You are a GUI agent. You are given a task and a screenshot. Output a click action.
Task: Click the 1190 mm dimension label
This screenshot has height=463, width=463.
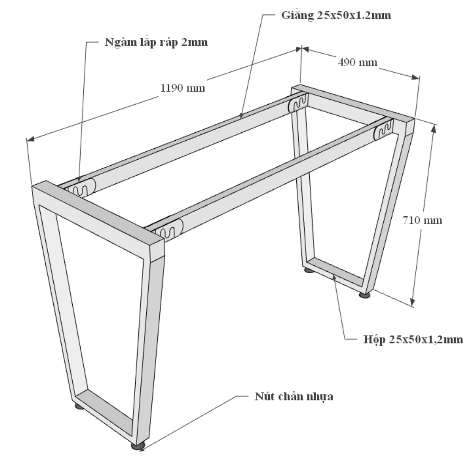182,88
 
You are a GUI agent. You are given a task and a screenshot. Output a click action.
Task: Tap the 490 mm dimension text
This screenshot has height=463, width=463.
357,63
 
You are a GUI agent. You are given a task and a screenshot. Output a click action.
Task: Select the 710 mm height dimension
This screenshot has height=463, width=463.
422,220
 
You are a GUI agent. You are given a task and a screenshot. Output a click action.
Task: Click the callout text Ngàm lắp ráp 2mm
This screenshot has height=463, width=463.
156,43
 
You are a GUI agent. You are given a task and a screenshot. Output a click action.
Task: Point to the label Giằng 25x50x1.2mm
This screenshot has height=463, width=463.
336,15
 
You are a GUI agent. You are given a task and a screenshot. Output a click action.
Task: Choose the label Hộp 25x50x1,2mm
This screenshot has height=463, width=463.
413,339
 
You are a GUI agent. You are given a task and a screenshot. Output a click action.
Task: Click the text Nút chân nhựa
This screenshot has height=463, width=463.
294,396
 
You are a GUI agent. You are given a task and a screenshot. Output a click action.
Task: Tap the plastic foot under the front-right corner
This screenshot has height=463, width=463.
138,445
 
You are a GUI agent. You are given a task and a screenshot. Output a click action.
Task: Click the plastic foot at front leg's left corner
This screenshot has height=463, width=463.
79,407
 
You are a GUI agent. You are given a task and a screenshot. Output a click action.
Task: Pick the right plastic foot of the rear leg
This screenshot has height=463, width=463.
365,294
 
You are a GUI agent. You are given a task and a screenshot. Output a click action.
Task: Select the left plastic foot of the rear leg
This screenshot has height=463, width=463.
309,270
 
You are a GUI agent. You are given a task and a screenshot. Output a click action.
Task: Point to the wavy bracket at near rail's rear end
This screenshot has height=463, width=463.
384,129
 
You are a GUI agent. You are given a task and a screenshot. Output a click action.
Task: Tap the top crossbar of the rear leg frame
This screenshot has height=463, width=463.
353,107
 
